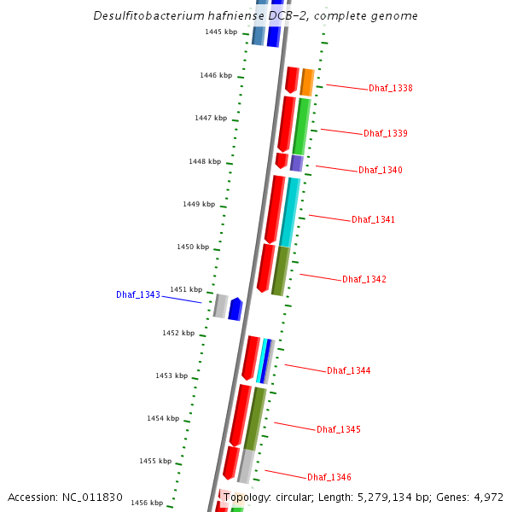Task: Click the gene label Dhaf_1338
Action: pyautogui.click(x=391, y=89)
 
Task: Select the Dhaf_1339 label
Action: pyautogui.click(x=386, y=134)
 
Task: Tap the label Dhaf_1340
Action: pyautogui.click(x=381, y=171)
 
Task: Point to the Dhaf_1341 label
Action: pyautogui.click(x=374, y=220)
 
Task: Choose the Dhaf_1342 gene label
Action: pyautogui.click(x=364, y=280)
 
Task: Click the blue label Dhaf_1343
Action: pyautogui.click(x=138, y=295)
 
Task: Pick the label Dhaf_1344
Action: pyautogui.click(x=349, y=371)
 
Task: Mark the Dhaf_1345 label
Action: pyautogui.click(x=339, y=430)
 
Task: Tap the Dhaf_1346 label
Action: pyautogui.click(x=329, y=478)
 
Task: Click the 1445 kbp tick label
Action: pyautogui.click(x=221, y=32)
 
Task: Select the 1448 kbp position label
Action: pyautogui.click(x=205, y=161)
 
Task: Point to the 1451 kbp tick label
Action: pyautogui.click(x=186, y=290)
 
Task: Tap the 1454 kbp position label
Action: pyautogui.click(x=163, y=419)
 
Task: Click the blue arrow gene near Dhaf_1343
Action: pyautogui.click(x=235, y=309)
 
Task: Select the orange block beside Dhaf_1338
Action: pyautogui.click(x=307, y=82)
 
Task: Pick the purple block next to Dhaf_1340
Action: pyautogui.click(x=296, y=163)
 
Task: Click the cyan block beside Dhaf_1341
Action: pyautogui.click(x=289, y=212)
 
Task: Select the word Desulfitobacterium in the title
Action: pyautogui.click(x=145, y=16)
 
